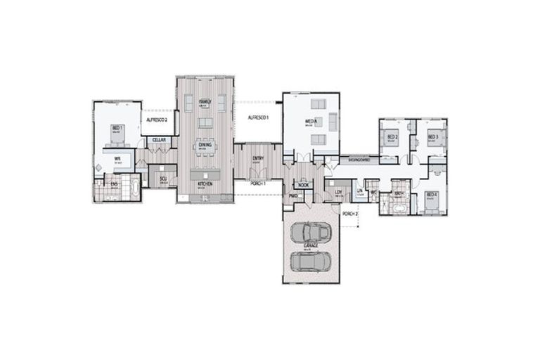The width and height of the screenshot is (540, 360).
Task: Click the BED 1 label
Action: pos(117,127)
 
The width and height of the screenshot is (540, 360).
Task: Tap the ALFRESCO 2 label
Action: pos(156,120)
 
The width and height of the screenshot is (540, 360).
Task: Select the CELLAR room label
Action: pos(159,140)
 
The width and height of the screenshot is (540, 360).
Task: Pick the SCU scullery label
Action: pos(162,179)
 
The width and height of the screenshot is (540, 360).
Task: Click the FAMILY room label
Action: pos(205,101)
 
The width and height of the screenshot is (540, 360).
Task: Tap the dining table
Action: pos(205,148)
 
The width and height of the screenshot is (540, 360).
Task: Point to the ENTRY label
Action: pos(258,158)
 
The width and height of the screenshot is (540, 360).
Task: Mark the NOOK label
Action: pos(303,185)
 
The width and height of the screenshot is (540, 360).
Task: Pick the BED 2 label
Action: pos(393,136)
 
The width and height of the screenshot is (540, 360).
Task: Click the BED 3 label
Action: pos(432,136)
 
